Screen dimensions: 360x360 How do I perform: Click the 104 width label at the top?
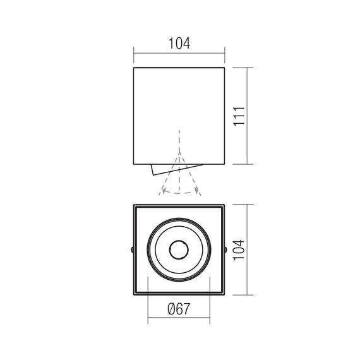(x=179, y=44)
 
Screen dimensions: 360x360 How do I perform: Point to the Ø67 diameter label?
(x=179, y=310)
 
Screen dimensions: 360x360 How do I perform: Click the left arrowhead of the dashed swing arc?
(x=164, y=191)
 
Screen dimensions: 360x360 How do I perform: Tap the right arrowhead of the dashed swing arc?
(x=196, y=191)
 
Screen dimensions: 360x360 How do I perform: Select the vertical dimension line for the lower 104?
(x=247, y=250)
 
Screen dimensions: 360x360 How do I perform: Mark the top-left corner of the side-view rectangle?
(x=134, y=66)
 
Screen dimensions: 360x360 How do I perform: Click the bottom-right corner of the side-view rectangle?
(x=225, y=164)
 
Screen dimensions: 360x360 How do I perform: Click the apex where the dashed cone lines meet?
(x=180, y=152)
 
